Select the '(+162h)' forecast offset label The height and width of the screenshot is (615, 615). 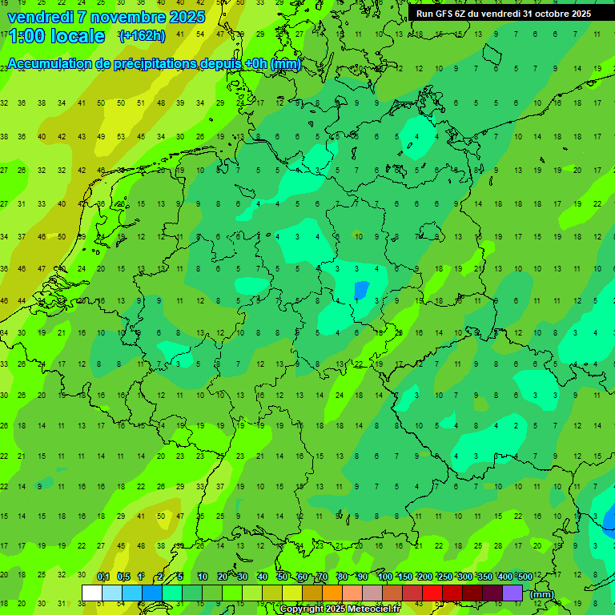click(142, 35)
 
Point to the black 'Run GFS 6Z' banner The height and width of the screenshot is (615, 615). click(503, 13)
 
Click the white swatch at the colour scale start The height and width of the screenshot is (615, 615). click(92, 593)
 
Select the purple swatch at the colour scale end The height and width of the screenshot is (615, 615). click(512, 593)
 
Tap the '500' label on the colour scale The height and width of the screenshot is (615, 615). click(525, 577)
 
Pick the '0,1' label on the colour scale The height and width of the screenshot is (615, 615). click(103, 577)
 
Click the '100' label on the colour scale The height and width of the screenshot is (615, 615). click(384, 577)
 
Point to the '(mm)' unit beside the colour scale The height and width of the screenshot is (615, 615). click(542, 594)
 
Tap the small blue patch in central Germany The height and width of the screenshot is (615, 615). click(361, 289)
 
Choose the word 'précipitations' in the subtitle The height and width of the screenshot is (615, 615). click(160, 64)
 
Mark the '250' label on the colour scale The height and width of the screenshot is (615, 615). click(444, 577)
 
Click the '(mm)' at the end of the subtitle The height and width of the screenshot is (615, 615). click(286, 64)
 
